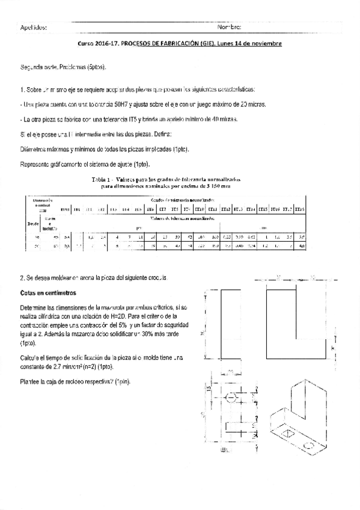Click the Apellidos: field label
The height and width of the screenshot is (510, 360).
pos(33,28)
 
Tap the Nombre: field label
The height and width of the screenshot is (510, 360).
pos(230,28)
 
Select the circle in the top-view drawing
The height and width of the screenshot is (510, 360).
pos(231,398)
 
